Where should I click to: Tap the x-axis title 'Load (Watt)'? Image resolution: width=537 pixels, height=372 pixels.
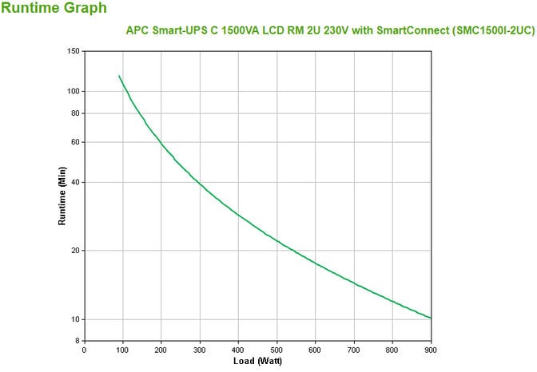[x=258, y=361]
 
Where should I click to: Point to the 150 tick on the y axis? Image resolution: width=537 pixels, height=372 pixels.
[x=72, y=51]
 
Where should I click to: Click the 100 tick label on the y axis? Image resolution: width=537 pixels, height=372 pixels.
[x=72, y=91]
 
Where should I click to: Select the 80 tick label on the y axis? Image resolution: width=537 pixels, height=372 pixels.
[x=74, y=113]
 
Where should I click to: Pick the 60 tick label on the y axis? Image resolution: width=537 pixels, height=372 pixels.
[x=74, y=142]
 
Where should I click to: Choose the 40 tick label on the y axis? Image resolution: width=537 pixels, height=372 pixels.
[x=74, y=182]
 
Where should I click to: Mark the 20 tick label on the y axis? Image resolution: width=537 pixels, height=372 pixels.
[x=74, y=251]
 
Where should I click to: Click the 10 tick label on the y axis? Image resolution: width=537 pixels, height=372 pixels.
[x=74, y=319]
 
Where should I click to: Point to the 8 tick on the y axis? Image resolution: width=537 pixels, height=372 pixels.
[x=77, y=341]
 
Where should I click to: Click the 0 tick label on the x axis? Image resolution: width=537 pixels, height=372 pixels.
[x=84, y=349]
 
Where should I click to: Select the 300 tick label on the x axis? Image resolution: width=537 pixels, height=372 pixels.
[x=200, y=349]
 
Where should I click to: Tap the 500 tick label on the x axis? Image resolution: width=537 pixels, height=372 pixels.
[x=276, y=349]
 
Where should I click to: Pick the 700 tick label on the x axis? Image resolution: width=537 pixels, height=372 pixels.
[x=354, y=349]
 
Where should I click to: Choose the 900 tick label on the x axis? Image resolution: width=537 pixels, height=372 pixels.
[x=431, y=349]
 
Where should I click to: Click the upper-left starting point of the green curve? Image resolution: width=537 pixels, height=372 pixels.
[x=119, y=76]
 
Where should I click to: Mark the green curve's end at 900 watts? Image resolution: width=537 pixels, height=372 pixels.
[x=431, y=319]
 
